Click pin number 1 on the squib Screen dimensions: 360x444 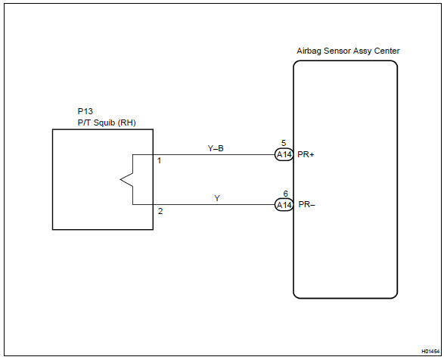159,161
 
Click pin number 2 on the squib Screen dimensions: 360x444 160,211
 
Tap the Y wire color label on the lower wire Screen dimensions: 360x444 217,198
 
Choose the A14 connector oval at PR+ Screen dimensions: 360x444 284,155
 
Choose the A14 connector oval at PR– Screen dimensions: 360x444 284,204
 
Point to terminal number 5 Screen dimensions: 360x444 284,143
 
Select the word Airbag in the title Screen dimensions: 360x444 309,51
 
